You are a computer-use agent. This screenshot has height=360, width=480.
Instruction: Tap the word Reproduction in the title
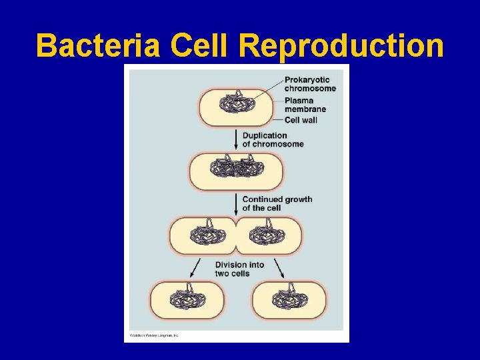341,46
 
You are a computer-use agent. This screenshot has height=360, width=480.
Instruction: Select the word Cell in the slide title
200,46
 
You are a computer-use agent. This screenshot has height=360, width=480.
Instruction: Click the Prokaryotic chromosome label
310,84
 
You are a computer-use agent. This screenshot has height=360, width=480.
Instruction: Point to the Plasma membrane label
305,105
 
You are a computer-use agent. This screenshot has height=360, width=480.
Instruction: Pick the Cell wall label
301,120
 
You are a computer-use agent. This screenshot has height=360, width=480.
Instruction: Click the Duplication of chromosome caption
273,139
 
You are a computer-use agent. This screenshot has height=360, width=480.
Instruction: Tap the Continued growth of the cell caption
277,203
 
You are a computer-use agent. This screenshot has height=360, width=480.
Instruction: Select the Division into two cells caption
239,269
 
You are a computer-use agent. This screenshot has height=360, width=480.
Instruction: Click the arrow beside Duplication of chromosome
236,139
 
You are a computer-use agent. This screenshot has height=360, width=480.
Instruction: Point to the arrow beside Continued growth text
236,203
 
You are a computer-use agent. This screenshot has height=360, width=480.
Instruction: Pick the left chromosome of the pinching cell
207,235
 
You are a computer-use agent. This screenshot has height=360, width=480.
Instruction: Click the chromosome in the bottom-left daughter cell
187,298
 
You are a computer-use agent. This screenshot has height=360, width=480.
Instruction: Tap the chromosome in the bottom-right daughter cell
289,298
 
